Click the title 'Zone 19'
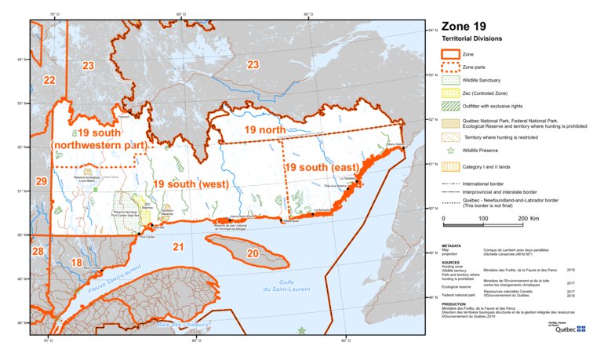tap(468, 26)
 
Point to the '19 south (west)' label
tap(191, 184)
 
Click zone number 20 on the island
tap(253, 253)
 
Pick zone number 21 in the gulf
tap(178, 247)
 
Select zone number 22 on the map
tap(49, 80)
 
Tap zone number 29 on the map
tap(42, 181)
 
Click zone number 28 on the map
tap(38, 251)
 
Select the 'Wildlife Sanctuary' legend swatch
tap(451, 79)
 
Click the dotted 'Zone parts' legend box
tap(451, 67)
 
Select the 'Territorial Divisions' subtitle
tap(471, 38)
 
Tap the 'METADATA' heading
tap(451, 245)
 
